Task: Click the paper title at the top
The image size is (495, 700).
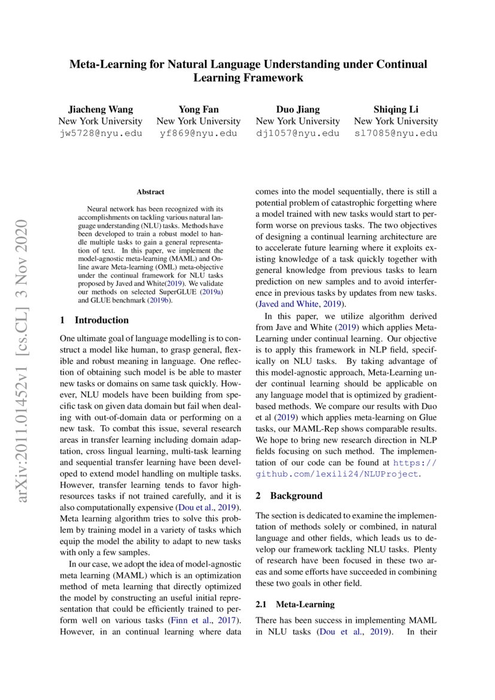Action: tap(248, 71)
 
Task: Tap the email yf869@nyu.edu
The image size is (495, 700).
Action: tap(198, 133)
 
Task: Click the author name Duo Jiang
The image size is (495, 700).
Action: tap(297, 109)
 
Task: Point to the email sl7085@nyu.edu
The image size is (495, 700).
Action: tap(396, 133)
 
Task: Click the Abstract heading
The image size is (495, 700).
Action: tap(150, 192)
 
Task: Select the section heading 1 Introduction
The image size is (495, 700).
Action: tap(95, 320)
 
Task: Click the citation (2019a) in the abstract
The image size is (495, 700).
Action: tap(212, 292)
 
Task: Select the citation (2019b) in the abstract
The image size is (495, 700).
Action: tap(160, 301)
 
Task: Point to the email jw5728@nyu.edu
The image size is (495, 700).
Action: tap(101, 133)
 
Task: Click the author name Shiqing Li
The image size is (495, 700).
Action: tap(396, 109)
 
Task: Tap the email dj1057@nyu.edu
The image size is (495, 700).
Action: tap(297, 133)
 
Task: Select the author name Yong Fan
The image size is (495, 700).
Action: tap(198, 109)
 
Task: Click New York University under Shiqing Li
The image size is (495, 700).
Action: tap(396, 121)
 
